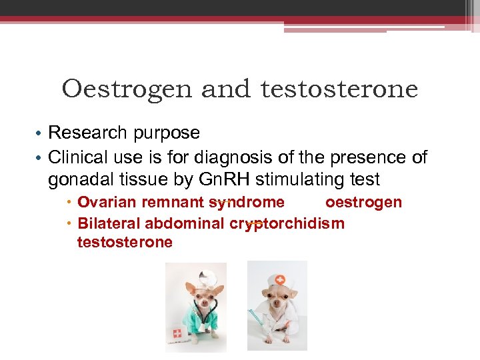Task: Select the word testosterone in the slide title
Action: pyautogui.click(x=339, y=89)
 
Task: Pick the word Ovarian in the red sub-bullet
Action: pyautogui.click(x=106, y=202)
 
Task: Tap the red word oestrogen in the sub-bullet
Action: pyautogui.click(x=363, y=202)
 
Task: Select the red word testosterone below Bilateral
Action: pyautogui.click(x=125, y=242)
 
